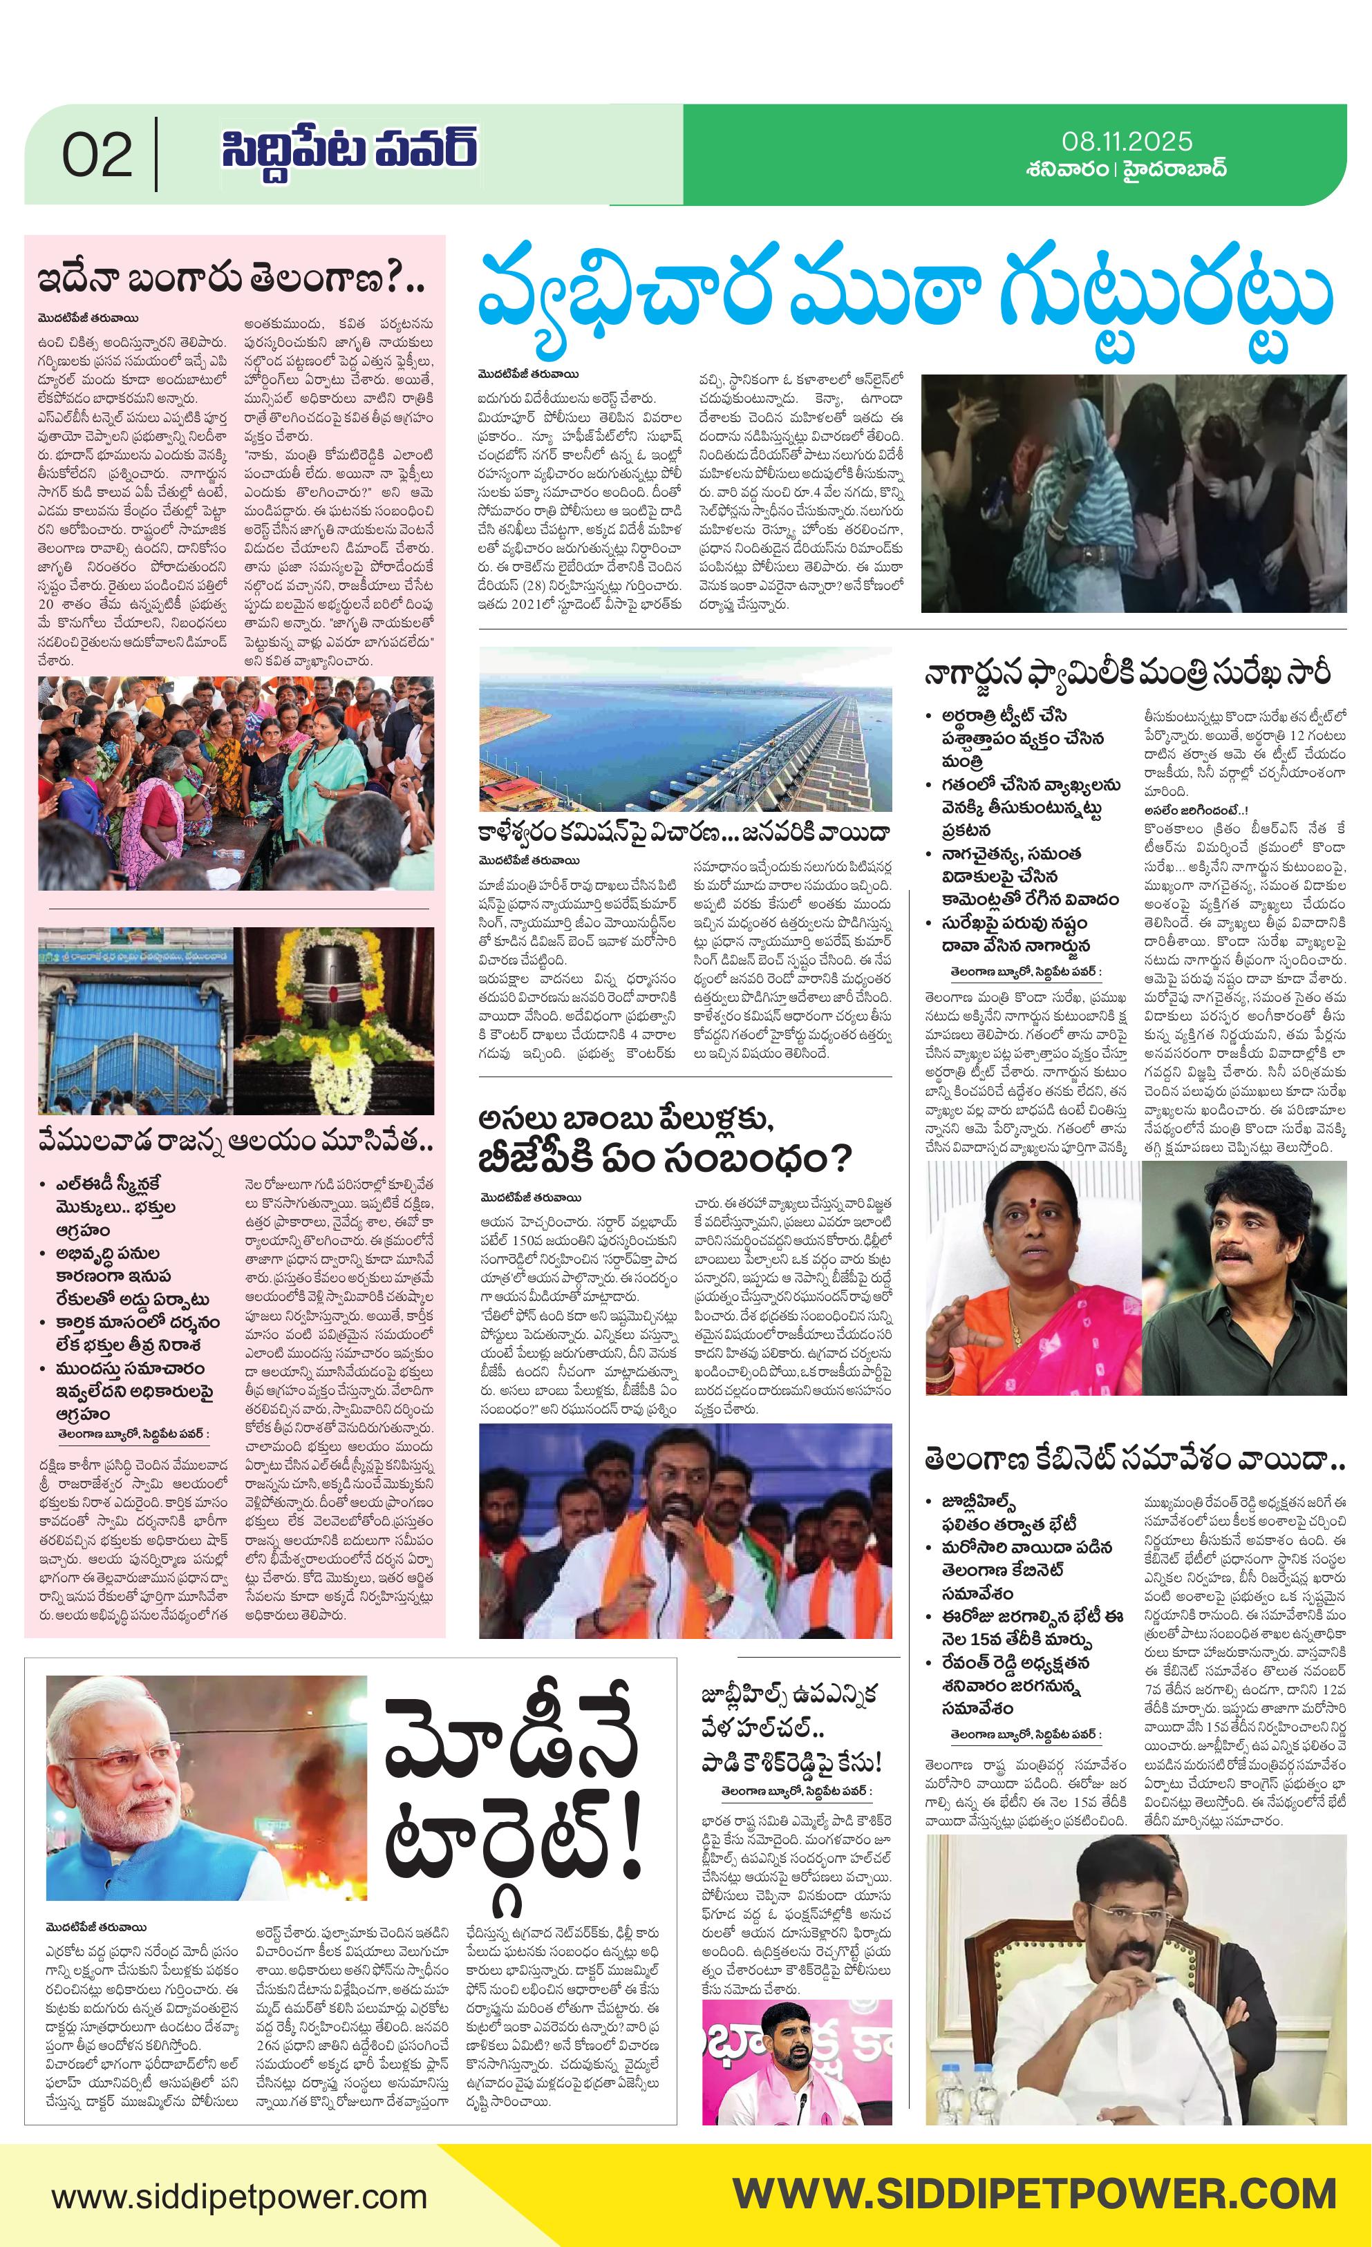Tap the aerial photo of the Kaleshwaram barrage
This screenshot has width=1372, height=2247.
pyautogui.click(x=685, y=729)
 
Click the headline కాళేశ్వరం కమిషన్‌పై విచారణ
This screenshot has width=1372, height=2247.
pyautogui.click(x=685, y=833)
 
